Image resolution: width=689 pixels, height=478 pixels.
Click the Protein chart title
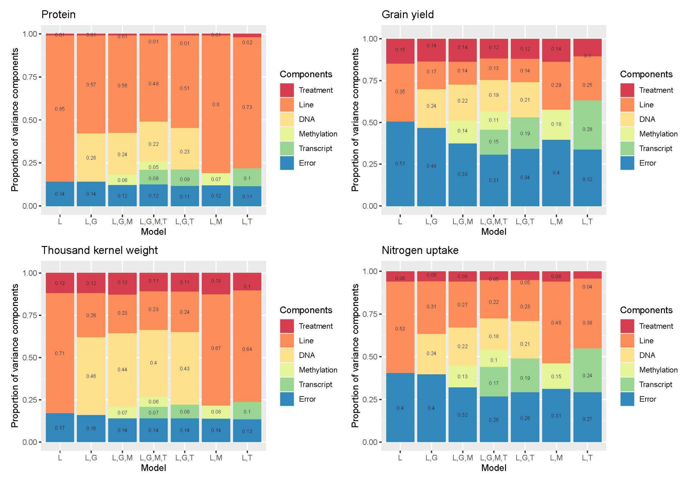58,14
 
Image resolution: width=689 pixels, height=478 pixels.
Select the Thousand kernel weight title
99,250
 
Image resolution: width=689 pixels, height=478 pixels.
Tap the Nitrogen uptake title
420,250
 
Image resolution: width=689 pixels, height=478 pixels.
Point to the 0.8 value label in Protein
216,104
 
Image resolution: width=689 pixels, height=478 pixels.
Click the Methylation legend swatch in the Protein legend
287,134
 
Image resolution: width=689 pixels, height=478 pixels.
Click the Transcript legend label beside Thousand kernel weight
315,384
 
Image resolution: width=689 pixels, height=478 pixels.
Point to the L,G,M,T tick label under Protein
153,222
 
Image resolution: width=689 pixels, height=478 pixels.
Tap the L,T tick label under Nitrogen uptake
587,458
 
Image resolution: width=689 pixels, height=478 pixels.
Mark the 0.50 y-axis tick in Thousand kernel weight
30,358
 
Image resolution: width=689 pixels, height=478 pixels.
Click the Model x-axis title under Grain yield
494,232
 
